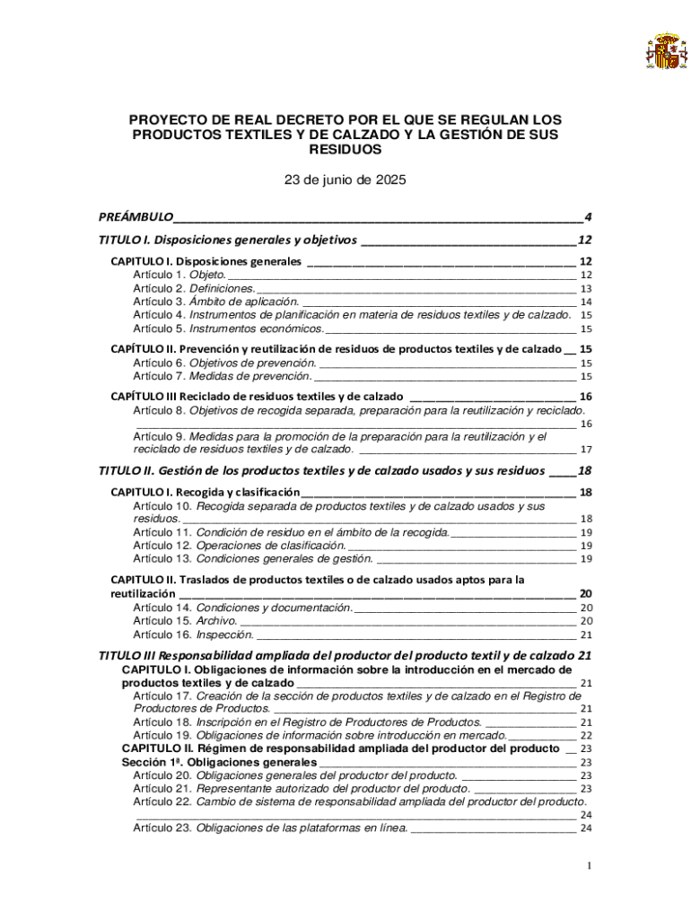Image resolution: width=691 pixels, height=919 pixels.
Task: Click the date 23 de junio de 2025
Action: pyautogui.click(x=345, y=179)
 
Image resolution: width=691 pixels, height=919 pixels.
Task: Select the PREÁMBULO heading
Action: pyautogui.click(x=136, y=217)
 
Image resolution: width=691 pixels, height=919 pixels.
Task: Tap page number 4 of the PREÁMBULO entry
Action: pyautogui.click(x=587, y=217)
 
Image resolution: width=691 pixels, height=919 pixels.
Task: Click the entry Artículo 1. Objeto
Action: pyautogui.click(x=179, y=275)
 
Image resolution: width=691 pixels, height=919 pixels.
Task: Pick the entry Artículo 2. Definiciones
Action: pyautogui.click(x=194, y=288)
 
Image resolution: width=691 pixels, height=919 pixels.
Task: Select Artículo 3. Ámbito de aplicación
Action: pyautogui.click(x=215, y=302)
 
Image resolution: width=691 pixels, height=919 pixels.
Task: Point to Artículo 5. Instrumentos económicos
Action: pyautogui.click(x=228, y=328)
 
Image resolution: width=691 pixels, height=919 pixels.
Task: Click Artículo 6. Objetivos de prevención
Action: pyautogui.click(x=224, y=363)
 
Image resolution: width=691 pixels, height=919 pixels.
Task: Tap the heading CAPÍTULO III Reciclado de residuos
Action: pyautogui.click(x=257, y=396)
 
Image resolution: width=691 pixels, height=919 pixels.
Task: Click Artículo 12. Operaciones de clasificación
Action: pyautogui.click(x=239, y=545)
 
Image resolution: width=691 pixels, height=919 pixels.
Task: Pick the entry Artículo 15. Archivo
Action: pyautogui.click(x=185, y=620)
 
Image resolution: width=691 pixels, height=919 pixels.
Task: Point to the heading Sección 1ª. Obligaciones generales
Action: pyautogui.click(x=219, y=762)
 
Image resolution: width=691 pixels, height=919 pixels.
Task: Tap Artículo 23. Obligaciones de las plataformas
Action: pyautogui.click(x=270, y=827)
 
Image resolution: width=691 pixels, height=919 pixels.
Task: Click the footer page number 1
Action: pyautogui.click(x=587, y=865)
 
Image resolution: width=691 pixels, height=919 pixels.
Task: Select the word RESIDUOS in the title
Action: pyautogui.click(x=345, y=149)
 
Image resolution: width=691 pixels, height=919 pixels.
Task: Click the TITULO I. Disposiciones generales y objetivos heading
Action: pyautogui.click(x=228, y=241)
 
